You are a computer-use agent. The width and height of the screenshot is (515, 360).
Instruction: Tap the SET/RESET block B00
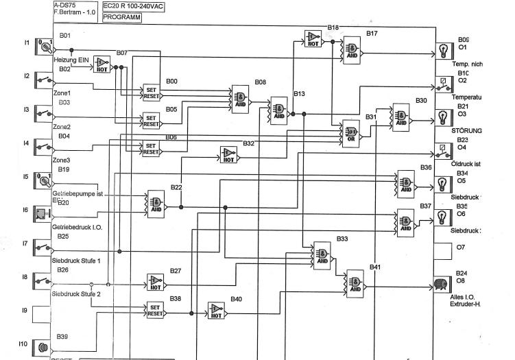click(x=152, y=93)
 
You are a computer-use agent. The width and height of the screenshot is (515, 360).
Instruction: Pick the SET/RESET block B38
click(x=155, y=311)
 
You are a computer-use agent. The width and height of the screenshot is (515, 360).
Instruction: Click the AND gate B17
click(x=352, y=47)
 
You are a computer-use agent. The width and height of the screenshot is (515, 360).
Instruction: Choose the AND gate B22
click(x=156, y=203)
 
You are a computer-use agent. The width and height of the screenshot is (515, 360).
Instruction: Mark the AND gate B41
click(x=355, y=282)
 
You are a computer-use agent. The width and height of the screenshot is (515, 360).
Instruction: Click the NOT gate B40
click(x=217, y=312)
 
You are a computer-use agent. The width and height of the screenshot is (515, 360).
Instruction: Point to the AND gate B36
click(x=405, y=184)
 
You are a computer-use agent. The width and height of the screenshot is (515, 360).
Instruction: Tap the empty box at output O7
click(x=442, y=250)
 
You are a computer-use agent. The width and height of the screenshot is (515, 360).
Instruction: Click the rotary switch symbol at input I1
click(x=45, y=47)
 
